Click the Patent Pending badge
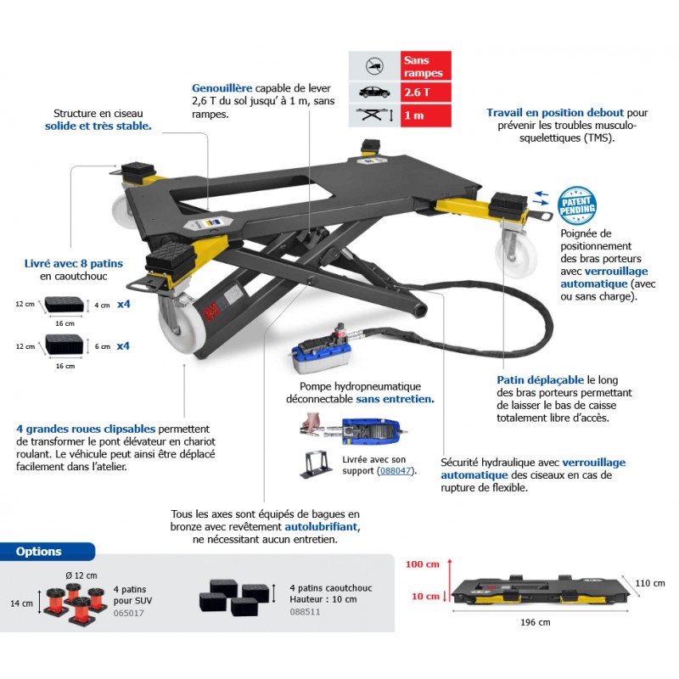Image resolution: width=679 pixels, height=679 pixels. pyautogui.click(x=576, y=205)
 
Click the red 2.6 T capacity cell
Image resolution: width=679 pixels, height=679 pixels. pyautogui.click(x=426, y=93)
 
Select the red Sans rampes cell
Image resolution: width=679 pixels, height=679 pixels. pyautogui.click(x=426, y=66)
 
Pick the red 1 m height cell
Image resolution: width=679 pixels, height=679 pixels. pyautogui.click(x=426, y=115)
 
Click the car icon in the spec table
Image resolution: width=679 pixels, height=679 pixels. pyautogui.click(x=374, y=93)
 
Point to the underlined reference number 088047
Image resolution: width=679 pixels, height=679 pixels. pyautogui.click(x=396, y=471)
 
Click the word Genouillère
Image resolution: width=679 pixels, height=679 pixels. pyautogui.click(x=222, y=88)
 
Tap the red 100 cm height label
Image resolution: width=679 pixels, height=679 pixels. pyautogui.click(x=422, y=564)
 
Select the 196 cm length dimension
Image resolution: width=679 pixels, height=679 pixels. pyautogui.click(x=536, y=622)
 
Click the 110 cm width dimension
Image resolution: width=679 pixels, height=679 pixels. pyautogui.click(x=650, y=583)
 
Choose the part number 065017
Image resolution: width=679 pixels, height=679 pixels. pyautogui.click(x=129, y=613)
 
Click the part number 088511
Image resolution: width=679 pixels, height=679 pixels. pyautogui.click(x=305, y=612)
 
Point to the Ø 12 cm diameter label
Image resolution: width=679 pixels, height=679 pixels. pyautogui.click(x=81, y=575)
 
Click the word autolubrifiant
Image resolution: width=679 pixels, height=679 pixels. pyautogui.click(x=322, y=527)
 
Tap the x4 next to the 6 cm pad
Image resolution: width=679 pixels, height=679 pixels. pyautogui.click(x=123, y=346)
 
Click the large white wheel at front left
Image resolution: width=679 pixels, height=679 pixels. pyautogui.click(x=177, y=326)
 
